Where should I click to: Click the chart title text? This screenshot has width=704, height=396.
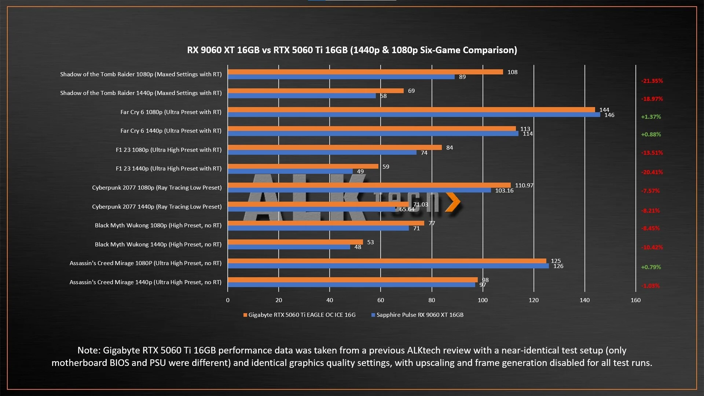point(352,50)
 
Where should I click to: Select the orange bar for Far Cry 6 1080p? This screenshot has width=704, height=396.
point(411,110)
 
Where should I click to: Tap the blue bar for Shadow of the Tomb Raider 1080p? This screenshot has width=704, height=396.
point(341,77)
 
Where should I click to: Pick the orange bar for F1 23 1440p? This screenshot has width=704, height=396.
point(303,166)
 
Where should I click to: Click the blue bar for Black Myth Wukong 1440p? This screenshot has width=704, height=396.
point(289,247)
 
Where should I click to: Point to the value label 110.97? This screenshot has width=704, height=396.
point(524,186)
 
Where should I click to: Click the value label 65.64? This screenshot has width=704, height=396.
point(407,209)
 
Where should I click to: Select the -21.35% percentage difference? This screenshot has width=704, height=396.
point(652,81)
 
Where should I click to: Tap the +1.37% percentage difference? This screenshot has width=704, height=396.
point(651,117)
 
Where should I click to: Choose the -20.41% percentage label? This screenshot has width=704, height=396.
point(652,172)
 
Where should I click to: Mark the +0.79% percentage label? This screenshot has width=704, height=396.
point(651,267)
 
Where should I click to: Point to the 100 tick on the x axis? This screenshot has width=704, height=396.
point(483,300)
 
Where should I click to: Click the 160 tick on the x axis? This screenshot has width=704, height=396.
point(635,300)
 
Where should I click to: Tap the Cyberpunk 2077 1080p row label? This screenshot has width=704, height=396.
point(157,188)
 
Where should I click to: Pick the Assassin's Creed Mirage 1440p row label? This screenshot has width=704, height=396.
point(145,282)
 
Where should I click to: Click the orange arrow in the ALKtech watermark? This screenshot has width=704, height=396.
point(453,202)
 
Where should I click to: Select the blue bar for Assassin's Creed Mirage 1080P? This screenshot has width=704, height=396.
point(388,266)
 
